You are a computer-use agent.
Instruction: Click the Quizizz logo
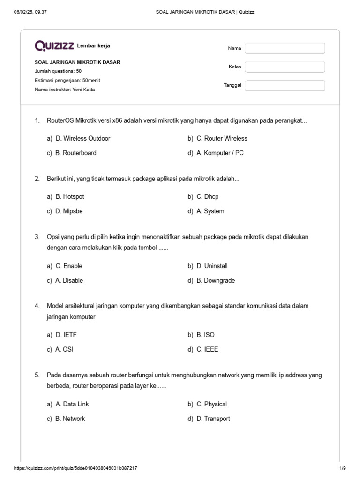click(54, 45)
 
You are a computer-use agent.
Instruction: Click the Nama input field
click(285, 48)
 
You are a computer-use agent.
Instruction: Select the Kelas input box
click(285, 67)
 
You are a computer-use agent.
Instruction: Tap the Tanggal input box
click(285, 85)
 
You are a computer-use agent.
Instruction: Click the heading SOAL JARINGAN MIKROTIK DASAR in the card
click(77, 62)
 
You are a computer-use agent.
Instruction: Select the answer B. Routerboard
click(76, 153)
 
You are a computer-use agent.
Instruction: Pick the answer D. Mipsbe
click(69, 211)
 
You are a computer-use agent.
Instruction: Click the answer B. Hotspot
click(70, 196)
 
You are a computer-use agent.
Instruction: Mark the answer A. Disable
click(69, 280)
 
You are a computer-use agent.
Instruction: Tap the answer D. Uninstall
click(212, 266)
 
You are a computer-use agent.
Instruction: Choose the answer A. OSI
click(64, 349)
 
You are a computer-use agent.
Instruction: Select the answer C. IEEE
click(207, 349)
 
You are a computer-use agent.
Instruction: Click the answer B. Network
click(70, 419)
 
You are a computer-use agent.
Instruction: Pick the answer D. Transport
click(213, 419)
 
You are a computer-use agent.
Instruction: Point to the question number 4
click(37, 306)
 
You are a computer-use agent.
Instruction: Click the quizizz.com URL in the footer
click(76, 468)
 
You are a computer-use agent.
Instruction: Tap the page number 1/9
click(342, 468)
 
